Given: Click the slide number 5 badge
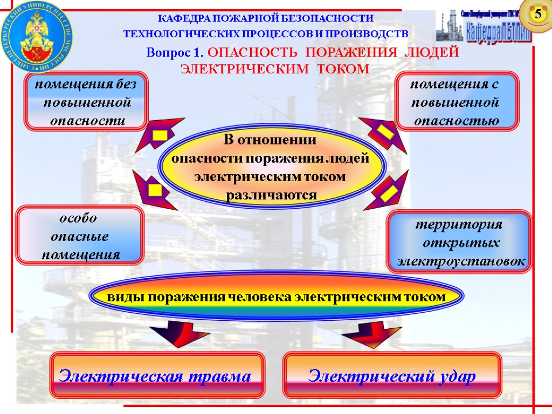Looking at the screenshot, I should point(537,15).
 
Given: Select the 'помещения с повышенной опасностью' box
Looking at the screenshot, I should point(457,102).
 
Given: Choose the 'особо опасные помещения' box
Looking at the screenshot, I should point(80,236).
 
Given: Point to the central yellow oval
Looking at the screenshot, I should point(271,167).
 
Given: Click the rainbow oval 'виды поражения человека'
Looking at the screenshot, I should point(275,297).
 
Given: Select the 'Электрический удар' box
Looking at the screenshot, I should point(392,375).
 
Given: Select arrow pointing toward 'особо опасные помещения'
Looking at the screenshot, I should point(154,191).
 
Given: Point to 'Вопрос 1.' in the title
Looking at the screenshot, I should point(176,53).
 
